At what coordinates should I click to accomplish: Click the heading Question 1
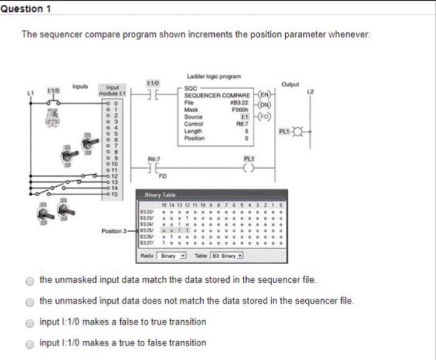(x=26, y=8)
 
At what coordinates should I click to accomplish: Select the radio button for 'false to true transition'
(x=29, y=322)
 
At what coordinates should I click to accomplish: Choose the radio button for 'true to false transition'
(x=29, y=343)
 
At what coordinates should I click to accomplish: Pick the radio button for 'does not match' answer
(x=29, y=301)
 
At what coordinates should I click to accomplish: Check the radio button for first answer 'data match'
(x=29, y=281)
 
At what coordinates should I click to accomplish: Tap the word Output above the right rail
(x=291, y=84)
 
